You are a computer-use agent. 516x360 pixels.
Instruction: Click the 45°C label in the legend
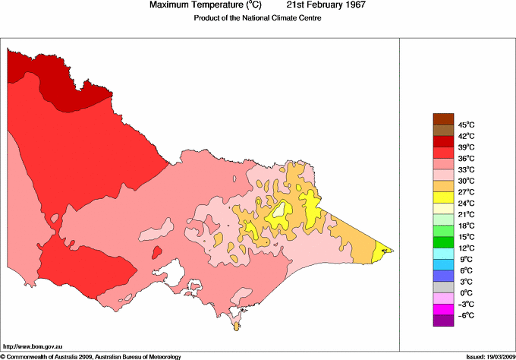click(466, 125)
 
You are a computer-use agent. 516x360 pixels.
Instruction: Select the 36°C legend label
click(466, 158)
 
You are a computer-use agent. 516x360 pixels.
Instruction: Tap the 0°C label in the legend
click(464, 293)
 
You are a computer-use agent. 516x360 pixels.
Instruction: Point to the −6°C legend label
click(465, 315)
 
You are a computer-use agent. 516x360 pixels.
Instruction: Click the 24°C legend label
click(466, 203)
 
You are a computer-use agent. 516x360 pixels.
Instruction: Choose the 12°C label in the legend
click(466, 248)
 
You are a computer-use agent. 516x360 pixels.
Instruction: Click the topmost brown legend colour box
click(443, 118)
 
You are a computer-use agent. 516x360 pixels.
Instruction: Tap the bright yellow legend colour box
click(443, 197)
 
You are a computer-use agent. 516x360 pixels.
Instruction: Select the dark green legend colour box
click(443, 242)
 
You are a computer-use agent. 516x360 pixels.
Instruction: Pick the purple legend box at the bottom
click(443, 321)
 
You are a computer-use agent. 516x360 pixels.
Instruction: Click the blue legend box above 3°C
click(443, 276)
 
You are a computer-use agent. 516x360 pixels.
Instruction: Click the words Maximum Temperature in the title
click(193, 5)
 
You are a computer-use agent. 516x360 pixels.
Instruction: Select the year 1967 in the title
click(352, 5)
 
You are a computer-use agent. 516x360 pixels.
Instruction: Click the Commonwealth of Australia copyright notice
click(91, 355)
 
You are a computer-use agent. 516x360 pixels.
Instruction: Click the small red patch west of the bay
click(157, 251)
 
